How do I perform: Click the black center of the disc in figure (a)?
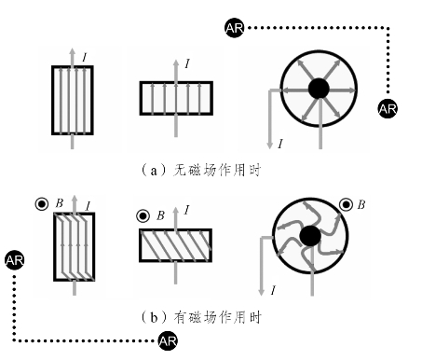point(319,89)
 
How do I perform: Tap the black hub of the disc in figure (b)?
point(310,236)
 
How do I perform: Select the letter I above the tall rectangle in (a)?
point(85,57)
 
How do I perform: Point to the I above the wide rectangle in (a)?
point(187,64)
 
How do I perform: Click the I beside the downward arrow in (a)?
point(280,144)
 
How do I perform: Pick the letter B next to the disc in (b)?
point(361,205)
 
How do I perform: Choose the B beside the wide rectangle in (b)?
point(160,215)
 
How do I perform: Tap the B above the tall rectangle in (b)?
point(60,203)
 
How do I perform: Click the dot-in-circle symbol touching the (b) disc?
point(346,205)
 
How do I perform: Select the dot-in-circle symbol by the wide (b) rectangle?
point(143,215)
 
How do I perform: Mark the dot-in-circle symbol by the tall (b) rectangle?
point(42,204)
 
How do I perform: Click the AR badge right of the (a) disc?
point(388,109)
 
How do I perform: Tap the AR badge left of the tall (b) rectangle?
point(15,260)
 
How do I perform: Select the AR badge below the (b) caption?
point(168,341)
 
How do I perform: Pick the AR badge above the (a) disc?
point(235,28)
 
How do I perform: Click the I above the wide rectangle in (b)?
point(186,211)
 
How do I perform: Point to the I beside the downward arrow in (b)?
point(273,291)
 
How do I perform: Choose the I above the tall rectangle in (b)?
point(88,206)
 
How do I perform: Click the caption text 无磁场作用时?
point(217,171)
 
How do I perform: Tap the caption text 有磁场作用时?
point(217,317)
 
